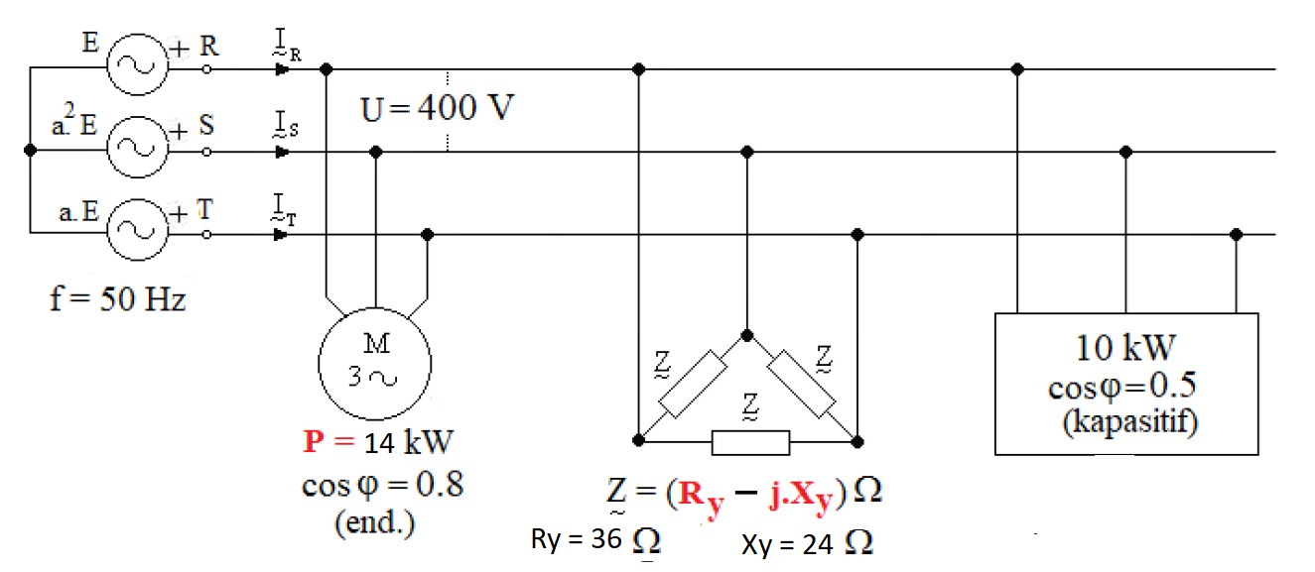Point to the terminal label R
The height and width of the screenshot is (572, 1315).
209,46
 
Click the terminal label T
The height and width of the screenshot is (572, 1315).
207,209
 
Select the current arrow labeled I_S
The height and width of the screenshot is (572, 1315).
283,152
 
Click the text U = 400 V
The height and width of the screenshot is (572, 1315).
437,107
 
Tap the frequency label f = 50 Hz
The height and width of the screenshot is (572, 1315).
117,297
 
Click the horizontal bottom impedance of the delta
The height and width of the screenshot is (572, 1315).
750,442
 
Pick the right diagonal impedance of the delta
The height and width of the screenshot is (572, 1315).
805,384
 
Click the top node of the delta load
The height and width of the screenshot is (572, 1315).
747,335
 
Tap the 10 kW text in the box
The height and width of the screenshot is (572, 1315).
1125,348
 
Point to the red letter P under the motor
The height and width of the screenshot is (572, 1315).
314,442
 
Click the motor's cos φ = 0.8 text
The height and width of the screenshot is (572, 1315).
382,486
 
